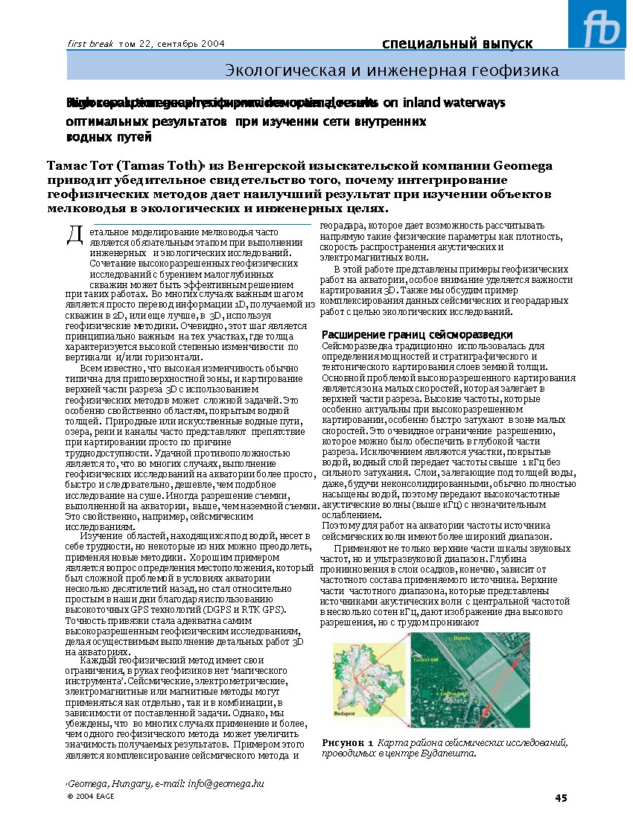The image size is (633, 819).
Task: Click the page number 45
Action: click(x=561, y=798)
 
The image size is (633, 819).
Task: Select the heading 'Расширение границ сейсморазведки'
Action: click(x=417, y=334)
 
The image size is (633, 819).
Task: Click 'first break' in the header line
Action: click(x=90, y=44)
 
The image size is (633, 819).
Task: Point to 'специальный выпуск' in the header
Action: click(x=457, y=43)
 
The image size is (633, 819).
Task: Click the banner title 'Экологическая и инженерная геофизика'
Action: click(x=392, y=71)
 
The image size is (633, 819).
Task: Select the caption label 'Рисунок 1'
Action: click(x=348, y=743)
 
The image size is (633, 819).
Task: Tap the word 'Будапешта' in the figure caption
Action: click(x=449, y=753)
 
